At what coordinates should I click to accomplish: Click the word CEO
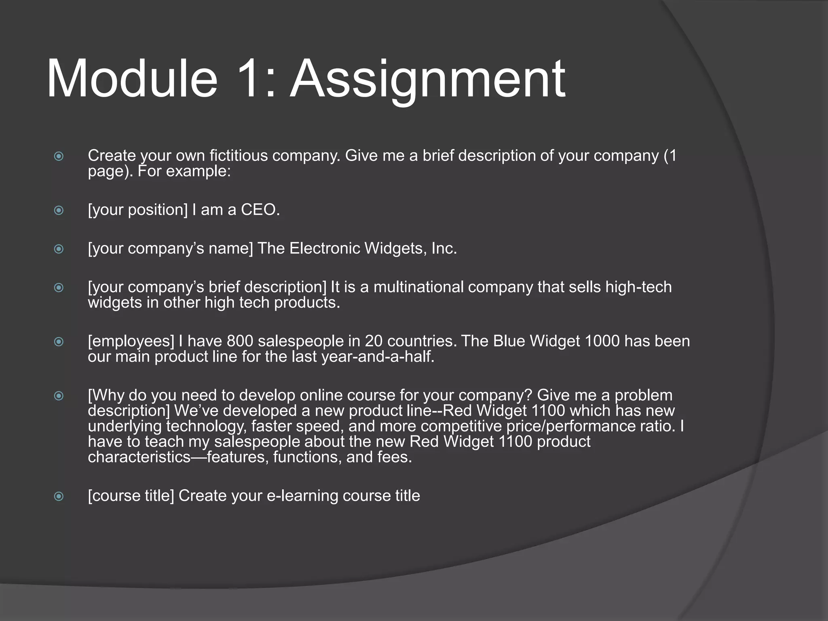[260, 210]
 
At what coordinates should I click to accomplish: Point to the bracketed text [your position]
[138, 210]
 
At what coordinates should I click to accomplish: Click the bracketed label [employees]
[131, 341]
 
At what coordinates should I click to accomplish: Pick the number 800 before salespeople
[240, 341]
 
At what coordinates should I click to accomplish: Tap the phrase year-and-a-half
[378, 357]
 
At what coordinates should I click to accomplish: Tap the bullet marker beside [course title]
[59, 496]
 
